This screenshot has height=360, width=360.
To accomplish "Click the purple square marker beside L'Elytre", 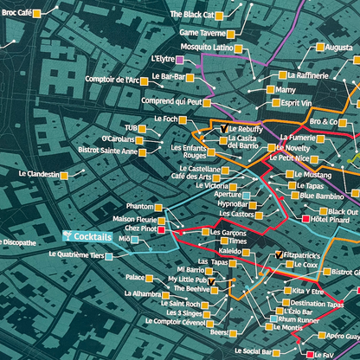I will tap(179, 60).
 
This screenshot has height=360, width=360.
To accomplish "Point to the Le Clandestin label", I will tap(38, 174).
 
